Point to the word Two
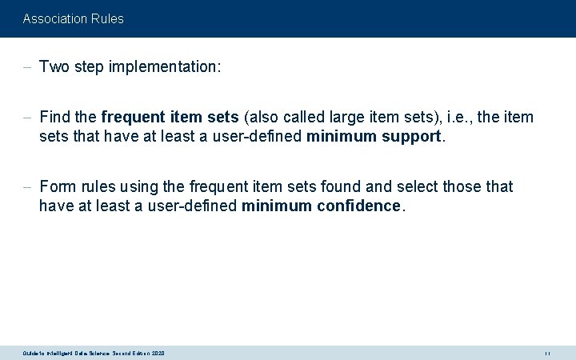(54, 67)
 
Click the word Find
(54, 118)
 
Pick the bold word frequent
(134, 118)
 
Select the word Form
(58, 186)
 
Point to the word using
(141, 186)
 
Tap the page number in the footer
(547, 353)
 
